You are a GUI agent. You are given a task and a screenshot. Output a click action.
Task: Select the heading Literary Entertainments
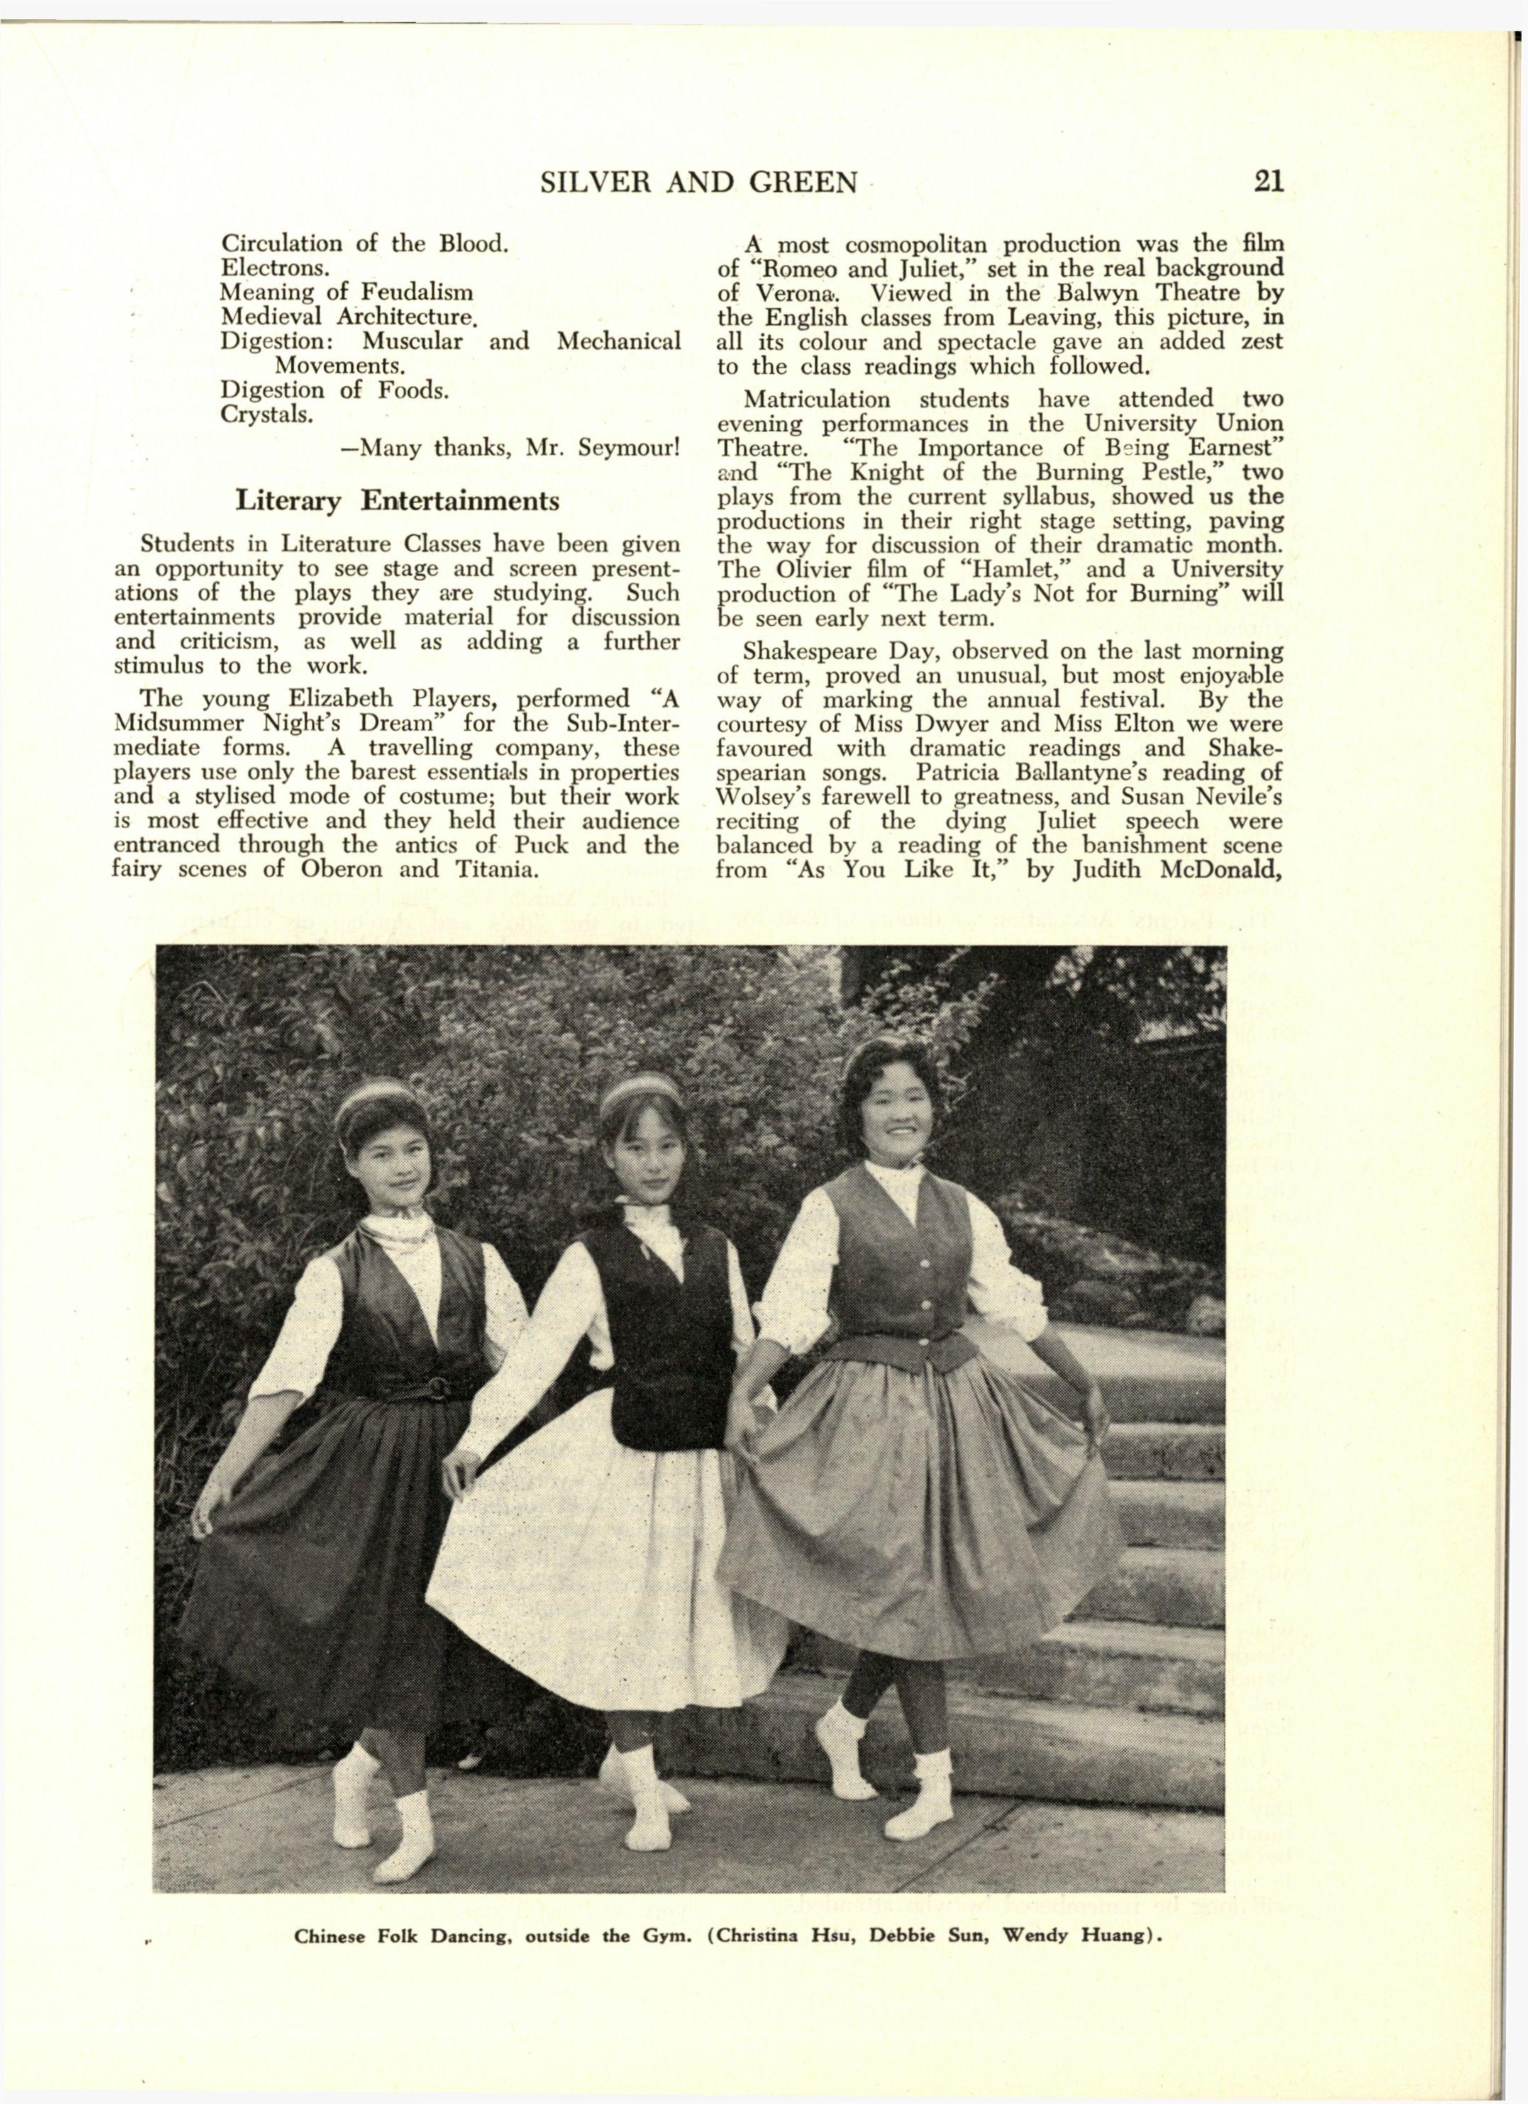pos(397,501)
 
